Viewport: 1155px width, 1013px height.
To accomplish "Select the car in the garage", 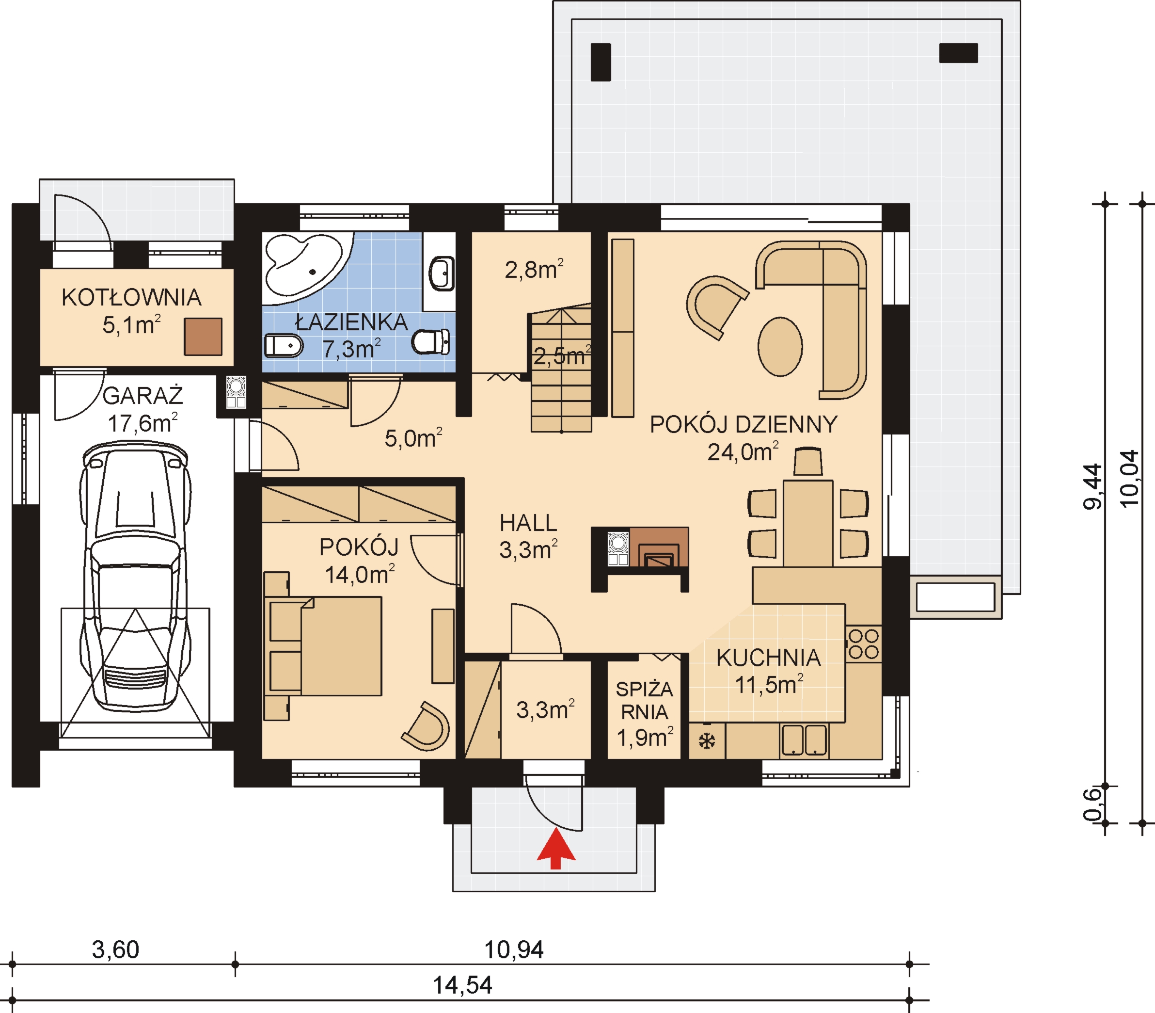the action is point(135,576).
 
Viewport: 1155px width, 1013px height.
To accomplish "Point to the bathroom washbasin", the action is point(442,273).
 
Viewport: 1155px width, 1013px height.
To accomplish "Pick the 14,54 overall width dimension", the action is point(462,985).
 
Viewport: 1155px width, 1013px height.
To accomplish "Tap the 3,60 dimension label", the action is point(115,949).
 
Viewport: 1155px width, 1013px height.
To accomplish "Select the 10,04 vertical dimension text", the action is point(1128,478).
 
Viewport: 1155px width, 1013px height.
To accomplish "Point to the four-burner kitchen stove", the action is point(863,644).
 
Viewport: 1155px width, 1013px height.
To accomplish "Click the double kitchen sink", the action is point(804,740).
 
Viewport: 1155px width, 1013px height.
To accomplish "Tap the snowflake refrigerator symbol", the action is point(707,741).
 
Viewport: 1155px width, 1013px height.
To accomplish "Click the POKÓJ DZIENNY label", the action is point(744,424).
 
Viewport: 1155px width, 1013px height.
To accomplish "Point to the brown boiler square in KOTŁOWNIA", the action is point(203,337).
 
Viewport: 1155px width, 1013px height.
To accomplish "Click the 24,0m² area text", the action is point(743,451).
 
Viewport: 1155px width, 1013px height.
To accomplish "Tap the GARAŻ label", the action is point(143,395).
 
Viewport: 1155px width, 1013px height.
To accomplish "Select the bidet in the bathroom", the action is point(284,345).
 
